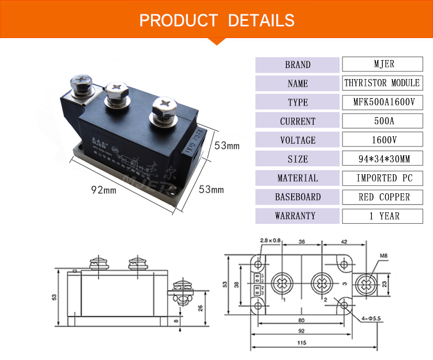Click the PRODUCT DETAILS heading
pyautogui.click(x=217, y=21)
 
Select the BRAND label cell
pyautogui.click(x=298, y=65)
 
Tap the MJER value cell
pyautogui.click(x=382, y=64)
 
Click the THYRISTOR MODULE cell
pyautogui.click(x=382, y=83)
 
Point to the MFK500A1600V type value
pyautogui.click(x=382, y=102)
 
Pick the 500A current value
pyautogui.click(x=382, y=121)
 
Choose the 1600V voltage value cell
pyautogui.click(x=382, y=140)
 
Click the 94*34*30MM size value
pyautogui.click(x=382, y=159)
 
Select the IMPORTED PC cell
pyautogui.click(x=382, y=178)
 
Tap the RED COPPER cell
pyautogui.click(x=382, y=197)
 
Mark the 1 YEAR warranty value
pyautogui.click(x=382, y=216)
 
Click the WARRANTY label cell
pyautogui.click(x=298, y=216)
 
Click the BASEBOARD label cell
pyautogui.click(x=298, y=197)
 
